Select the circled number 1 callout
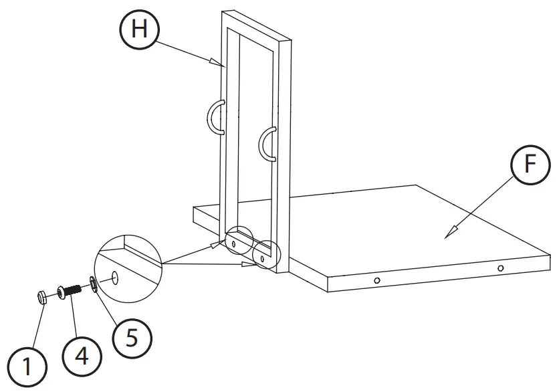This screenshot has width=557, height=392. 27,366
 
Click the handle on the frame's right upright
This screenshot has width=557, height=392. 267,143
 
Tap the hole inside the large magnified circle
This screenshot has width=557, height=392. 115,276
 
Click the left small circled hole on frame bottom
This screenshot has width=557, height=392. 234,245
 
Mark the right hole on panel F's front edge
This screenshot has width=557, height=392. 500,268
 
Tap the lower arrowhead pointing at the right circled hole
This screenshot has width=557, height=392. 251,264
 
